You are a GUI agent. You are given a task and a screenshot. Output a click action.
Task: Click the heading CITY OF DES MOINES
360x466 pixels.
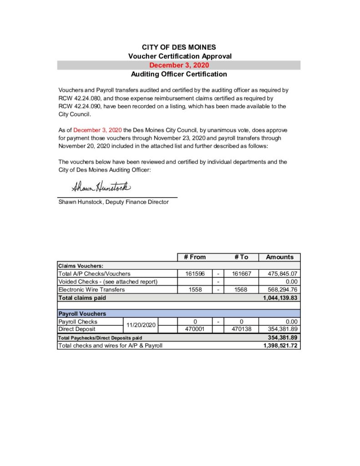179,47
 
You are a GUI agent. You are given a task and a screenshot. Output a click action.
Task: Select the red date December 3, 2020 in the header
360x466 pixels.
179,65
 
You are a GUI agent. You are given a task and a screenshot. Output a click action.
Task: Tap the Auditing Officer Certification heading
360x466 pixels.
179,74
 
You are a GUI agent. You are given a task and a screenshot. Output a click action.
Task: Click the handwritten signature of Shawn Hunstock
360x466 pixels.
101,187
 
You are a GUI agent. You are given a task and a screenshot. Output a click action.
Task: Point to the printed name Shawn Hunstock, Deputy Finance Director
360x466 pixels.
113,202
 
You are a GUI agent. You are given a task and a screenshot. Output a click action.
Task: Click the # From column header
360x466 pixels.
195,257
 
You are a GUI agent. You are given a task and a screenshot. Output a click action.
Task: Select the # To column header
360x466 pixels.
241,257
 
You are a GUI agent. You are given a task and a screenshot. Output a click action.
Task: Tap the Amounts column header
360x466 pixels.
279,257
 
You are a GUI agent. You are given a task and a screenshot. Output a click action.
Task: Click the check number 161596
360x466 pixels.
195,274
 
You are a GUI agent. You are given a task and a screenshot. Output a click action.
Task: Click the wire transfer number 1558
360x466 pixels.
195,289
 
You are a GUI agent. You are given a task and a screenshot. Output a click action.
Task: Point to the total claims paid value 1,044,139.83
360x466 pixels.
280,298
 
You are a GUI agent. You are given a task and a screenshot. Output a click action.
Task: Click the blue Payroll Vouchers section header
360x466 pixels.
82,314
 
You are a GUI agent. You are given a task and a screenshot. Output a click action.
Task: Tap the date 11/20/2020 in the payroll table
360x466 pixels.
141,325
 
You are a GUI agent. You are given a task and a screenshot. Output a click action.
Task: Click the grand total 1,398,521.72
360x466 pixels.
280,345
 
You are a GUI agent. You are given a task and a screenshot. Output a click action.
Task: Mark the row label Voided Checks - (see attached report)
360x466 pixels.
107,282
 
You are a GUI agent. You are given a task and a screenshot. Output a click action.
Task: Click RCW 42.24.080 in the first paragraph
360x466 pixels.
80,98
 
